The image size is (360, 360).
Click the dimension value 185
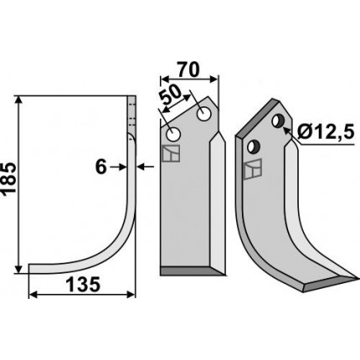tap(8, 178)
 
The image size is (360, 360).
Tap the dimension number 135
tap(83, 285)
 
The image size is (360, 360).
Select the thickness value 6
tap(101, 167)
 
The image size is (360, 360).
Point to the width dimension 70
tap(189, 69)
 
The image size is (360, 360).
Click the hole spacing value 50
tap(172, 94)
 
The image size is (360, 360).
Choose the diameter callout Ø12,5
tap(326, 131)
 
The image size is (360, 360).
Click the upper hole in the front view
tap(203, 114)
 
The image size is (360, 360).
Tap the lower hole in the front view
tap(173, 135)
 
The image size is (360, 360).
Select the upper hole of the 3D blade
tap(278, 121)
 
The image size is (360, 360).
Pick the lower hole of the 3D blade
tap(254, 147)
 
